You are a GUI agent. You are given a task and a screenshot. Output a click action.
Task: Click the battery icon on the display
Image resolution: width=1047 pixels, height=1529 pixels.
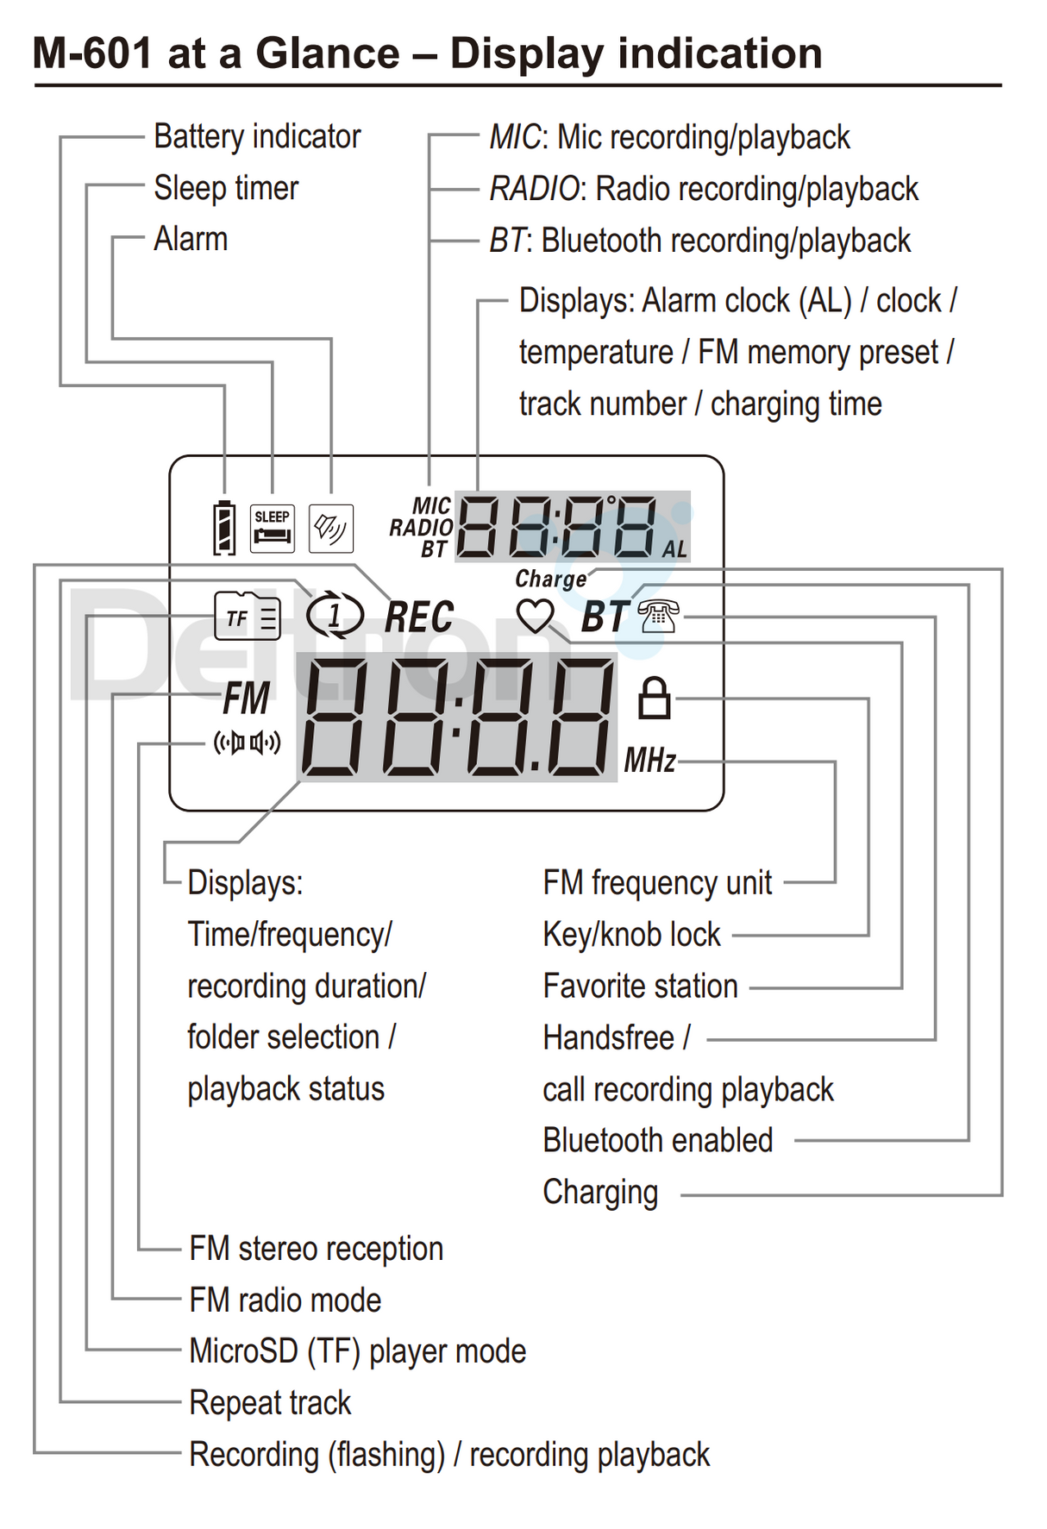tap(224, 527)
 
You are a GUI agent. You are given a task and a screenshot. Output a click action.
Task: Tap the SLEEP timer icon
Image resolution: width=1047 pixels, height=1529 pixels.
tap(273, 528)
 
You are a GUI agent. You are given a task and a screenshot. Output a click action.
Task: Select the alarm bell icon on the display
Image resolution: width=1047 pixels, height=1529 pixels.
tap(331, 528)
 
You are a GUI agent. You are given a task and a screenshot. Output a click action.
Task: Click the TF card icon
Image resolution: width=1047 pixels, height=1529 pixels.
tap(248, 617)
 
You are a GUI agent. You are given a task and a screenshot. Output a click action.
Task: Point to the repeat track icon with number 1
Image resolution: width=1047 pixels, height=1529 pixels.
tap(335, 616)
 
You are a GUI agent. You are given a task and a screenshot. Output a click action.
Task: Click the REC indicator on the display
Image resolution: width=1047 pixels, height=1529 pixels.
tap(419, 617)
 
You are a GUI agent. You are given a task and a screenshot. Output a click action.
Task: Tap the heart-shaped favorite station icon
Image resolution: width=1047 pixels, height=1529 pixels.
tap(536, 616)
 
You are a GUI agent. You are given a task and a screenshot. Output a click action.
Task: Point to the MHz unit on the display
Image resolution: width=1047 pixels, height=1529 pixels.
tap(650, 761)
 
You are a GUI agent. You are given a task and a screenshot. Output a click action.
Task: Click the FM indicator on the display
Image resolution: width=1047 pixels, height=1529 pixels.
tap(247, 699)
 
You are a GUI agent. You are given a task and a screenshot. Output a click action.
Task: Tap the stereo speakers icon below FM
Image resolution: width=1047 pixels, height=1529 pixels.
tap(248, 743)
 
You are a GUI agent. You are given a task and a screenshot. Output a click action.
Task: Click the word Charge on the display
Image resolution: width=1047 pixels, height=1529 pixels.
tap(551, 579)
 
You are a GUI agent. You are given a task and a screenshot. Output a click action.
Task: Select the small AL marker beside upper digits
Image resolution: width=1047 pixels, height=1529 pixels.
tap(674, 550)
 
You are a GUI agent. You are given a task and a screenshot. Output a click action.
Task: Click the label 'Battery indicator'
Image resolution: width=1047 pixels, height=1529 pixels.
tap(257, 137)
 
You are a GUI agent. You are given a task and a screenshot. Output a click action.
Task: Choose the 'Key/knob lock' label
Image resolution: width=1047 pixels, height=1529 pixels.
tap(631, 935)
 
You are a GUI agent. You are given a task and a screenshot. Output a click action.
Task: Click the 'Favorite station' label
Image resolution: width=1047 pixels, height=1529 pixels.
tap(640, 987)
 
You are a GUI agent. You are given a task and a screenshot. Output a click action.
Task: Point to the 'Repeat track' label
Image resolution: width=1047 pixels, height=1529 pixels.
tap(270, 1403)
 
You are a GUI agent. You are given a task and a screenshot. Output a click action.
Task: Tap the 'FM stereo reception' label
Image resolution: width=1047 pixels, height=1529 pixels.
tap(316, 1249)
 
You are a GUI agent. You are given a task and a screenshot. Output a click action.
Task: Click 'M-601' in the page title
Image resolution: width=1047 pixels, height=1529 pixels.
tap(93, 53)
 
